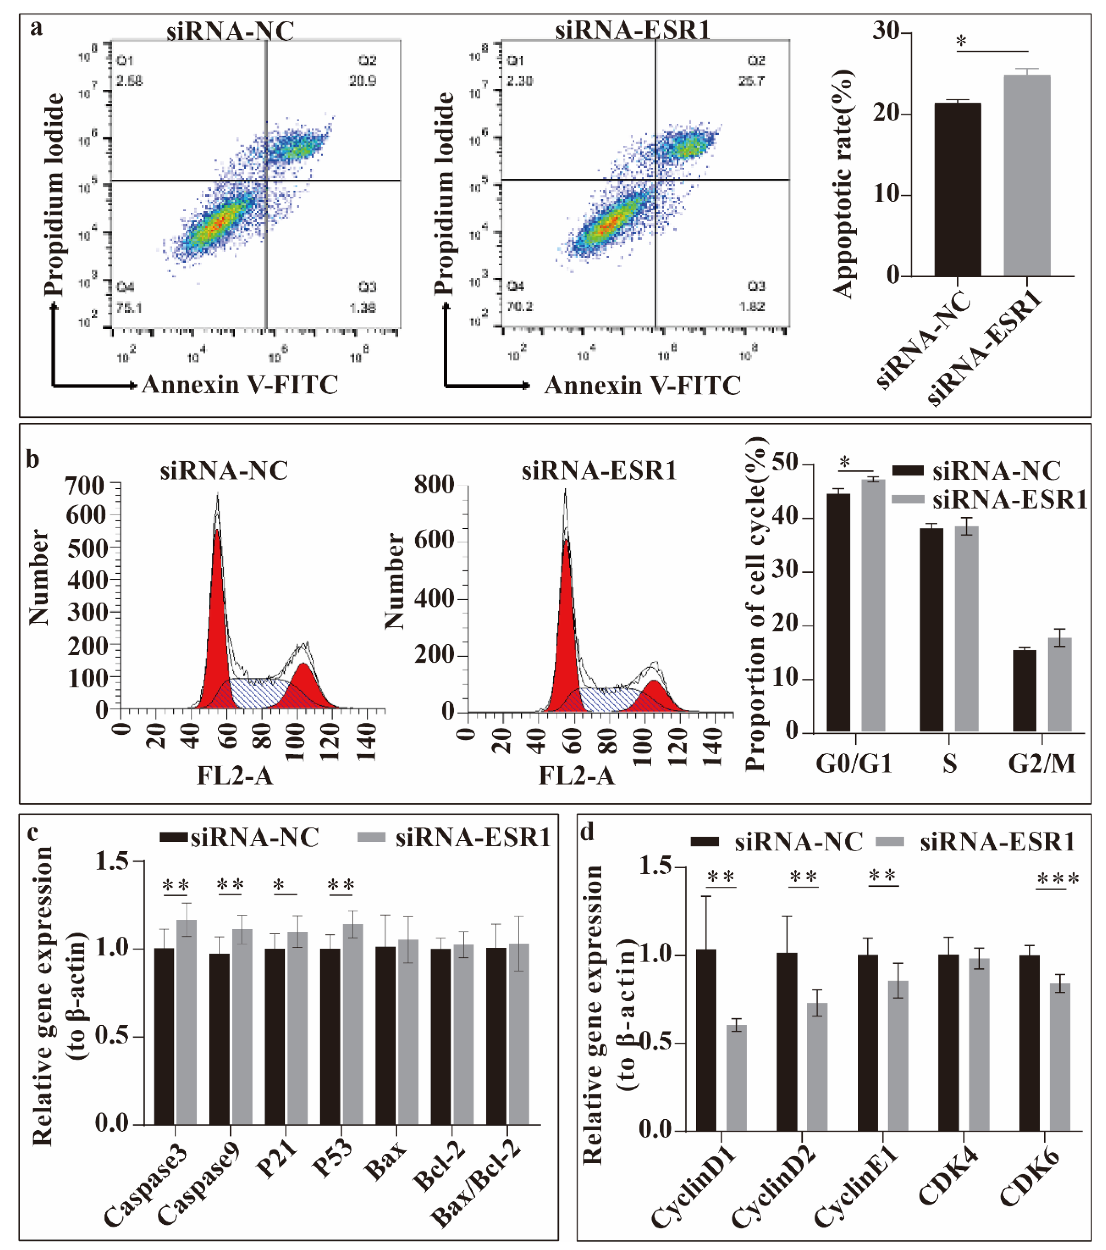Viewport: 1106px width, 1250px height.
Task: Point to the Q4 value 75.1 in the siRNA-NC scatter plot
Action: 129,308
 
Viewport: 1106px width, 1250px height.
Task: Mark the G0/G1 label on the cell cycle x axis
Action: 854,764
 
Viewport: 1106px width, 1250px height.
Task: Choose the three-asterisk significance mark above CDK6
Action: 1058,879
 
